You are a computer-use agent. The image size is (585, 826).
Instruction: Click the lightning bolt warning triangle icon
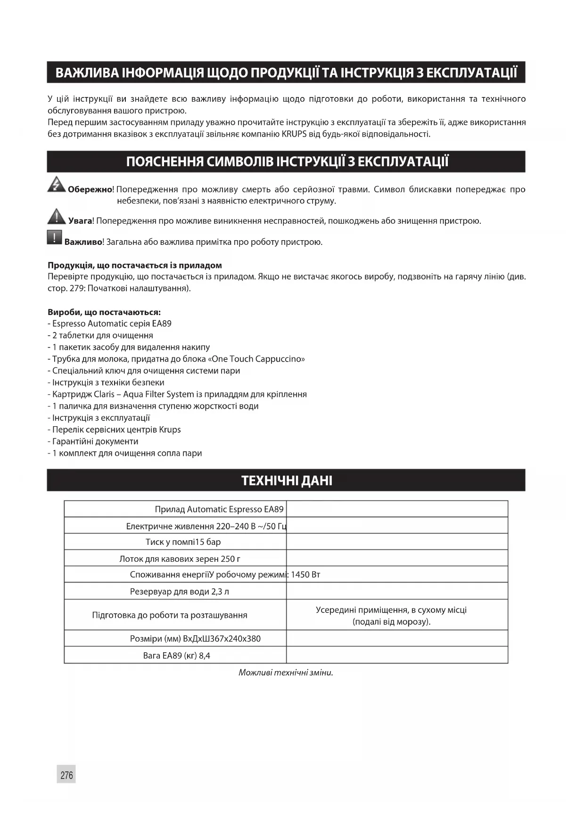click(57, 184)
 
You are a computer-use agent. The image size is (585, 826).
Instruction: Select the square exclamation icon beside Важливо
click(55, 237)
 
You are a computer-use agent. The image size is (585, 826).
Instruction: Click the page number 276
click(66, 775)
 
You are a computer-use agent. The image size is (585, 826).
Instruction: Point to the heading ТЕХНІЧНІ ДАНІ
click(287, 480)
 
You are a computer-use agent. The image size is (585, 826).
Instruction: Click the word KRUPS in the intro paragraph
click(294, 134)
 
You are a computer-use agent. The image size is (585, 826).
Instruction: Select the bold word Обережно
click(90, 190)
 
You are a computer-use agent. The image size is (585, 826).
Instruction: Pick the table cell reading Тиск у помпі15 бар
click(183, 542)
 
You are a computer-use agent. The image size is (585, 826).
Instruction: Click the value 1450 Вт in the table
click(305, 575)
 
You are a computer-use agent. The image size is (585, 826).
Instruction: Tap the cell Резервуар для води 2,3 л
click(179, 591)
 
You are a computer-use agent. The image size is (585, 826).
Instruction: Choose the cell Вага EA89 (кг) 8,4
click(176, 656)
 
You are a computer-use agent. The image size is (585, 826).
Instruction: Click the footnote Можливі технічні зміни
click(286, 672)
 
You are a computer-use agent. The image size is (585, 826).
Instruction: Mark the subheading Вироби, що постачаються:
click(104, 312)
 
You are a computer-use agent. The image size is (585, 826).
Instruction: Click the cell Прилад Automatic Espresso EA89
click(219, 509)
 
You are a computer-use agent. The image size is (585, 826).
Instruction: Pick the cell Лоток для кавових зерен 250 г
click(180, 559)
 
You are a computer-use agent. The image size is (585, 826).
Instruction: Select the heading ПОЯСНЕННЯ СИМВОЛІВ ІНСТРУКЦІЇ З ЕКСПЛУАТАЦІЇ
click(287, 162)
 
